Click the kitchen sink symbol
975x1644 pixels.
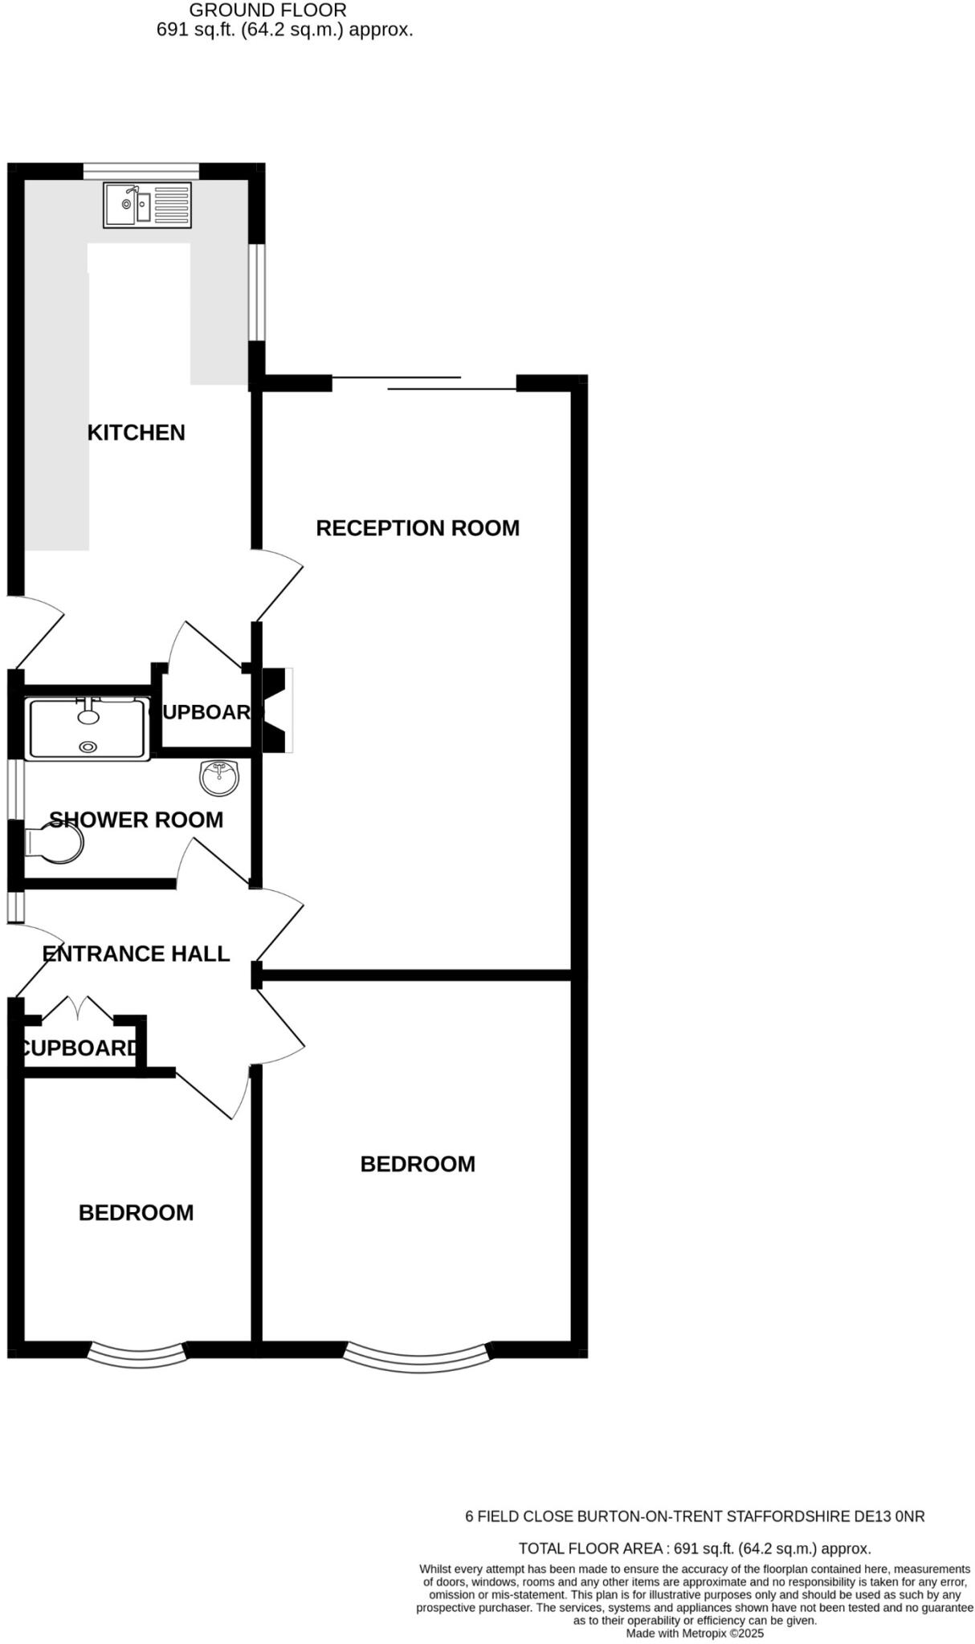(148, 205)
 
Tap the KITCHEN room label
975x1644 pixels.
(136, 433)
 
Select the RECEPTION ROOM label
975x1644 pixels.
(417, 528)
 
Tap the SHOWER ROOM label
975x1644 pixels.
(136, 820)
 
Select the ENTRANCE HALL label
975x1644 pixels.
(136, 954)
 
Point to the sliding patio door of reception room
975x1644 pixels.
(423, 384)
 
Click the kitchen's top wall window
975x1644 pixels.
(141, 170)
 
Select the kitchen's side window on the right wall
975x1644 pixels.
(256, 292)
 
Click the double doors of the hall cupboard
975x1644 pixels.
(78, 1009)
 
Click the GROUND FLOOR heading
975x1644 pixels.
(267, 10)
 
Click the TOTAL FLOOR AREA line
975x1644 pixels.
(694, 1548)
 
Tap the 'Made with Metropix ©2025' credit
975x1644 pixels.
(694, 1633)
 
